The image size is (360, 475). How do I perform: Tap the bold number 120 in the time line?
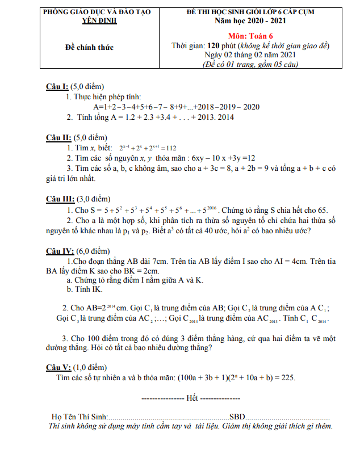[x=214, y=45]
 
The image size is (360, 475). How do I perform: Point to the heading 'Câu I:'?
[x=57, y=87]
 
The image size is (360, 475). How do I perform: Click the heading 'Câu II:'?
[x=58, y=137]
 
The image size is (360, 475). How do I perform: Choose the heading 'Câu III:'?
[x=60, y=199]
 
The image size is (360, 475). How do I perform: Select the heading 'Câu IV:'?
[x=60, y=251]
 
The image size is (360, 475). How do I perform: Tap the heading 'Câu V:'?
[x=58, y=367]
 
